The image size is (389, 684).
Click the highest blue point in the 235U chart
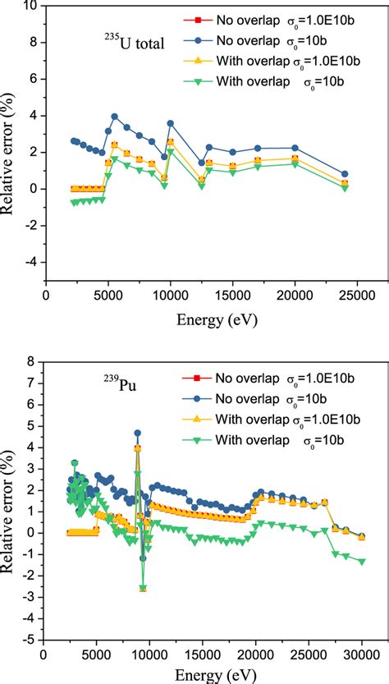tap(115, 117)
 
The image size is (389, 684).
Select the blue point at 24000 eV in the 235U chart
tap(345, 174)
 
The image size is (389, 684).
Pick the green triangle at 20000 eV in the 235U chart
tap(295, 164)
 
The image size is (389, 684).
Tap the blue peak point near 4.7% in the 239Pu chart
tap(138, 433)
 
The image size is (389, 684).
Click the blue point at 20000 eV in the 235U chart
tap(295, 148)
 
